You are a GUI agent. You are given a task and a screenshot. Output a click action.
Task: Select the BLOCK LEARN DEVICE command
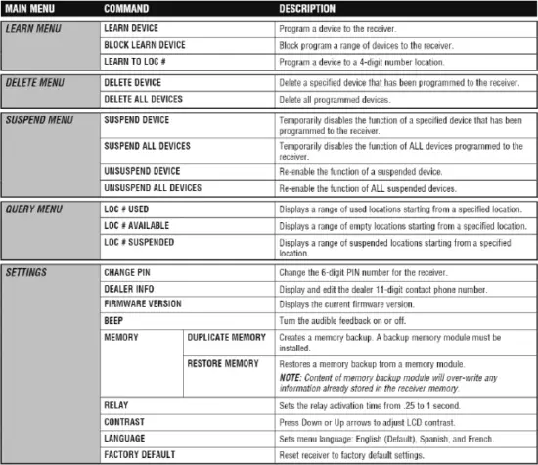[144, 45]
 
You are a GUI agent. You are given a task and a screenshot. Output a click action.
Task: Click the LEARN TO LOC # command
[138, 62]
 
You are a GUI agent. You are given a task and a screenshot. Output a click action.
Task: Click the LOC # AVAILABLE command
[137, 225]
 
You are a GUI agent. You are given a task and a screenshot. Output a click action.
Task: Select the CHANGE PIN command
[127, 270]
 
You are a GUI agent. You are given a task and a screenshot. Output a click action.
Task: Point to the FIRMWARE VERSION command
[143, 303]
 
